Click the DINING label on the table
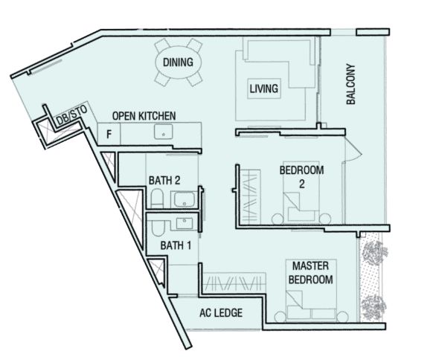tap(178, 62)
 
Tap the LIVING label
tap(264, 89)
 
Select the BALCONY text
tap(350, 84)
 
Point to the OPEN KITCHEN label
tap(144, 116)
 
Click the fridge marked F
tap(109, 134)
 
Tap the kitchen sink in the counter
tap(164, 132)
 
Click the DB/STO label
tap(71, 115)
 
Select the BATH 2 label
tap(164, 181)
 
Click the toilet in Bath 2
tap(157, 198)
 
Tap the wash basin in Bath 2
tap(184, 199)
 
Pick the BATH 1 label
tap(176, 245)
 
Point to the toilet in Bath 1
tap(158, 227)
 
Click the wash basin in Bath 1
tap(185, 223)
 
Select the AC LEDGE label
tap(221, 313)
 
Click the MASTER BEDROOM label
tap(311, 273)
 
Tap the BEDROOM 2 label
tap(302, 177)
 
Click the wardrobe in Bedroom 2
tap(250, 197)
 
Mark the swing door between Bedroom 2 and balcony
tap(352, 150)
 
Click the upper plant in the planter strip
tap(375, 253)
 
